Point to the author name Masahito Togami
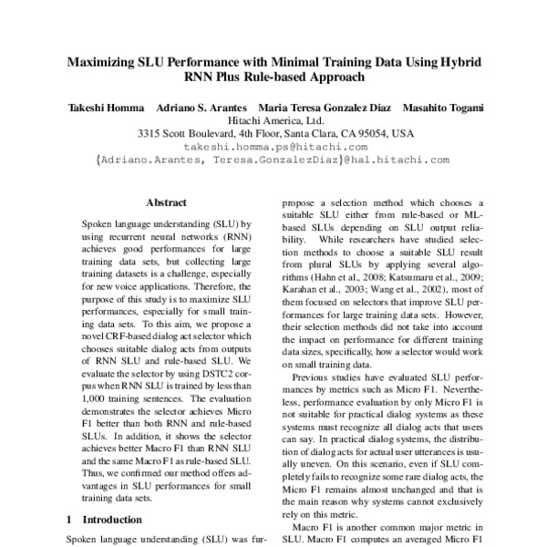(x=441, y=108)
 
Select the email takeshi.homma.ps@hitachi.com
(x=275, y=146)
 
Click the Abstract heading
(x=166, y=202)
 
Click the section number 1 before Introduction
(x=71, y=520)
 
